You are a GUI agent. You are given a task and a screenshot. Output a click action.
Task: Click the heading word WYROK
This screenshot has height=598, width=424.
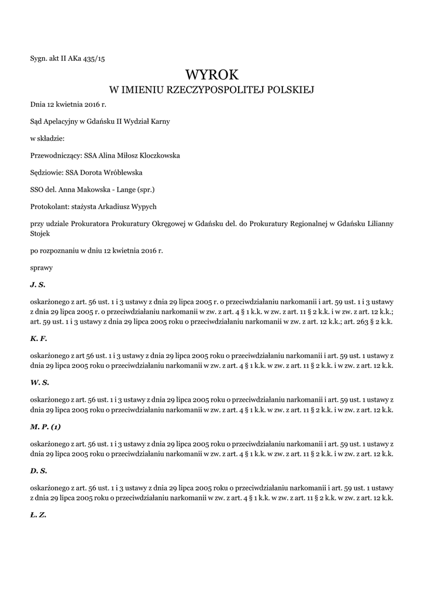point(212,74)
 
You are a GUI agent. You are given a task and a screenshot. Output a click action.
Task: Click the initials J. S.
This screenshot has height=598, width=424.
point(37,284)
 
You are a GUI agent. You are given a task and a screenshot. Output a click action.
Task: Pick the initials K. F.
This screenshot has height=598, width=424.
point(38,338)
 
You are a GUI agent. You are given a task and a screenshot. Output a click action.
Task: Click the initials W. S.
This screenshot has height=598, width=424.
point(39,382)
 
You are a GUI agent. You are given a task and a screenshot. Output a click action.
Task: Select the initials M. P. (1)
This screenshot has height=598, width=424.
point(45,426)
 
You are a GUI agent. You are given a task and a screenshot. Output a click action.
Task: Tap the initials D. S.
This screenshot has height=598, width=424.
point(38,471)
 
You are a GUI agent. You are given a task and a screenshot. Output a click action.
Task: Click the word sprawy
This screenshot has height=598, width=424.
point(42,267)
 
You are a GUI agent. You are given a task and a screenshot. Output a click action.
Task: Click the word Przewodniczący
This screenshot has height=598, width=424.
point(56,156)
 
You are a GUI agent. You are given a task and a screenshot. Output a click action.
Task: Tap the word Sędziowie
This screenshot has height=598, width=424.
point(47,173)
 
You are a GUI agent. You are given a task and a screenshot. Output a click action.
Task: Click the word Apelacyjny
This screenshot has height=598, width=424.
point(61,121)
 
